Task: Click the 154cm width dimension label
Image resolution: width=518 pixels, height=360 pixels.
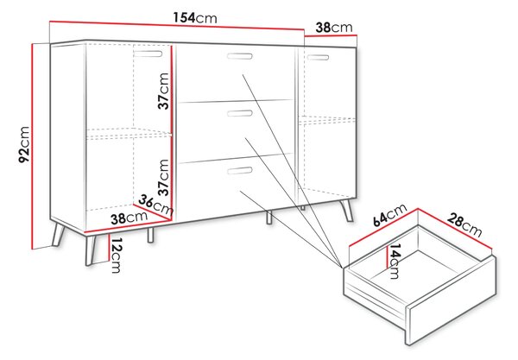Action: (195, 17)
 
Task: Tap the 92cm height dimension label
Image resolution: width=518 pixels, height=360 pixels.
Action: (24, 144)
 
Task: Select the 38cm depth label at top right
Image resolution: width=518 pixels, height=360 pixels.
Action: (334, 28)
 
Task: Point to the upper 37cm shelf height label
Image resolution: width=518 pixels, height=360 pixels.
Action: (163, 91)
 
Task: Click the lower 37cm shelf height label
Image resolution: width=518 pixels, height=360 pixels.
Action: (163, 177)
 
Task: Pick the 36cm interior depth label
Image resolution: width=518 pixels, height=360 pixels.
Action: (155, 205)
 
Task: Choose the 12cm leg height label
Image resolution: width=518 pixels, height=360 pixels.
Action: (116, 256)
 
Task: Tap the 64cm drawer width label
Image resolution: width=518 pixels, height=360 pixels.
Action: (390, 215)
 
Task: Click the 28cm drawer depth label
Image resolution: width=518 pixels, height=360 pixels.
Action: (464, 224)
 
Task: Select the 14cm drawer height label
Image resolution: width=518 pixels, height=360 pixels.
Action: (395, 262)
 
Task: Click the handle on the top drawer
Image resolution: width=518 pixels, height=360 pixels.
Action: (240, 56)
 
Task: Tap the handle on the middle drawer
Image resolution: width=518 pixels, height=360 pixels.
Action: (240, 113)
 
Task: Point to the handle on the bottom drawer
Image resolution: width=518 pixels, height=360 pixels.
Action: (240, 170)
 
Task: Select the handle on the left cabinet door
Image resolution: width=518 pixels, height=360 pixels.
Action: (148, 54)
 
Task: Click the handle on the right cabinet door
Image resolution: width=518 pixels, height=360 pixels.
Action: (318, 58)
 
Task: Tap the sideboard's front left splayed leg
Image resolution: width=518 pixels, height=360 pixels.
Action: (90, 249)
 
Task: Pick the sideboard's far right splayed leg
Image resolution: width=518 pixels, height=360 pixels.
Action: (347, 210)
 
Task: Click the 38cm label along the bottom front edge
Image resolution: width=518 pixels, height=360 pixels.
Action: (129, 218)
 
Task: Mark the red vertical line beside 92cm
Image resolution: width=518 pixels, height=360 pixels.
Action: (33, 146)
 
